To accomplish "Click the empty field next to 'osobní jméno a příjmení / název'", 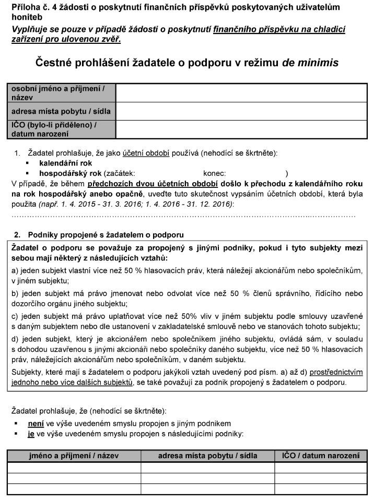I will coord(241,93).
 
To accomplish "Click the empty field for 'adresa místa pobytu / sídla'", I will coord(241,111).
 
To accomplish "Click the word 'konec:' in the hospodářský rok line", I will coord(214,173).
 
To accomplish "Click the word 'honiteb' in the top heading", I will coord(25,16).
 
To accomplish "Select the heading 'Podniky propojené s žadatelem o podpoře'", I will coord(106,234).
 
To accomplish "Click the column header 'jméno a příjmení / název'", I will coord(74,456).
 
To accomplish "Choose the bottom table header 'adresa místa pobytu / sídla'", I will coord(208,456).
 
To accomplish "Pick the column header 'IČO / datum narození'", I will coord(321,456).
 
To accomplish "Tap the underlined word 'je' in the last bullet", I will coord(31,433).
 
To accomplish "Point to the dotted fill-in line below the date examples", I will coord(183,214).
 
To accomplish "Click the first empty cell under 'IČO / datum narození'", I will coord(321,467).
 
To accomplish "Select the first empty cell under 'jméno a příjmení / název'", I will coord(74,467).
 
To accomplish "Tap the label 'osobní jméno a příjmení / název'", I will coord(57,93).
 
